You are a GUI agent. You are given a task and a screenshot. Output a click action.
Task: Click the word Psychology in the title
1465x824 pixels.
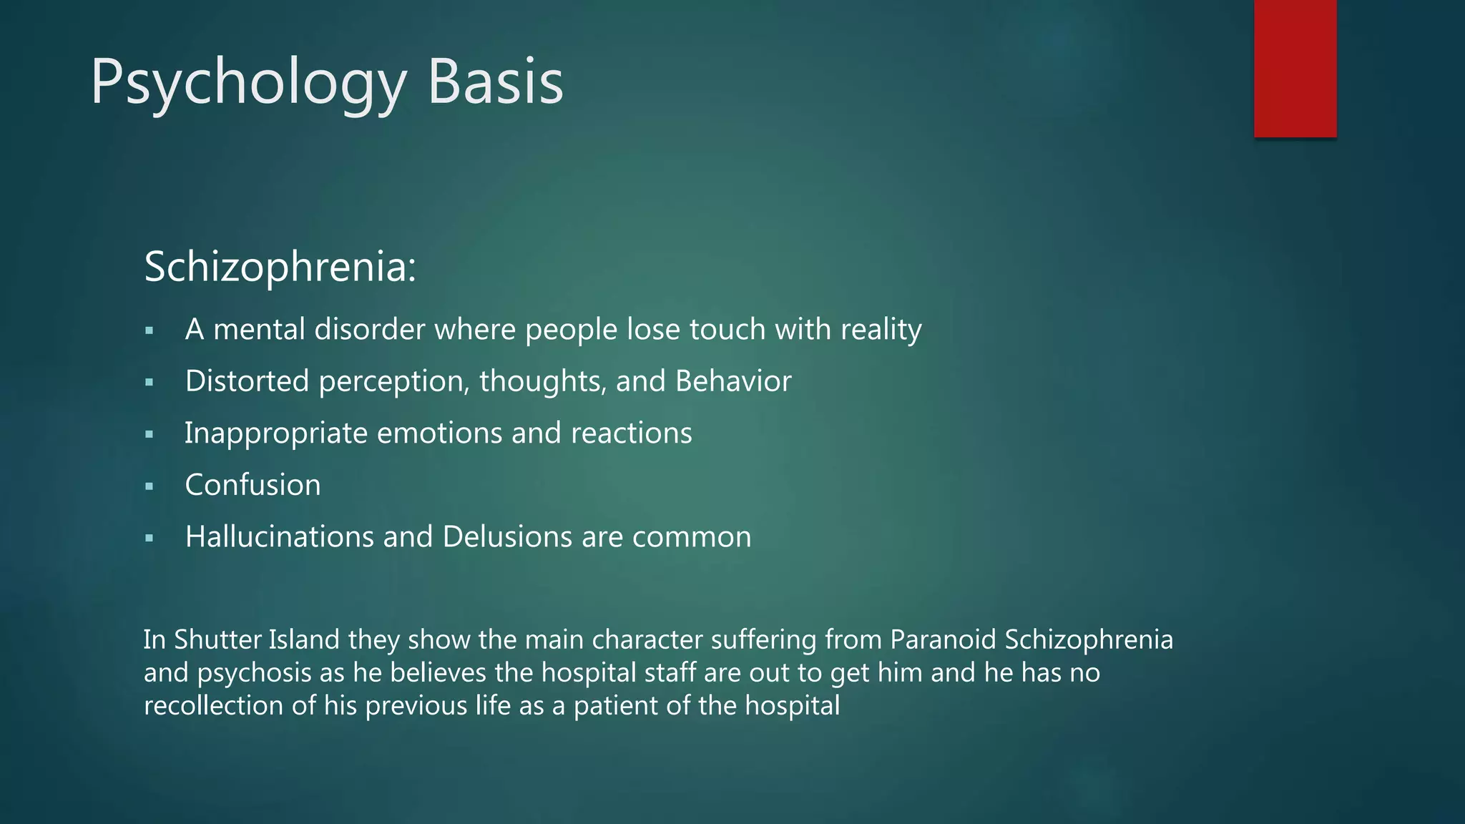[x=247, y=84]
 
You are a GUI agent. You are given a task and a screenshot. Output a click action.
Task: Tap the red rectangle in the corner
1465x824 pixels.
[x=1295, y=68]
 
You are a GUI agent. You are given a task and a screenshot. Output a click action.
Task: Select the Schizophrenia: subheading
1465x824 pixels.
[x=280, y=267]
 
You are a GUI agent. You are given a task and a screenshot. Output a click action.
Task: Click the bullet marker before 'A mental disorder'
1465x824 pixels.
[x=149, y=331]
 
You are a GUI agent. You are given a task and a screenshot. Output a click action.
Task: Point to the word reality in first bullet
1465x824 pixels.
[x=881, y=330]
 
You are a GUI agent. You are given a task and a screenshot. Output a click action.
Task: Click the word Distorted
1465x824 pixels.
[x=247, y=381]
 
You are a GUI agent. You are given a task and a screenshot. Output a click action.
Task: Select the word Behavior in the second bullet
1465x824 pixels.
[x=733, y=381]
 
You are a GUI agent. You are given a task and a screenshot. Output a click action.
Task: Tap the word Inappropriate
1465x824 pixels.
[x=275, y=433]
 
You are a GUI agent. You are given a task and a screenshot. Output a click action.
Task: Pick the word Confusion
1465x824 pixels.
[x=253, y=485]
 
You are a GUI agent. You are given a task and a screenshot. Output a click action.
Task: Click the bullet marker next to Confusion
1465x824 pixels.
[x=149, y=487]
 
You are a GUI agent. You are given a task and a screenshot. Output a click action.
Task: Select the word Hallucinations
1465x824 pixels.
[x=279, y=537]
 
